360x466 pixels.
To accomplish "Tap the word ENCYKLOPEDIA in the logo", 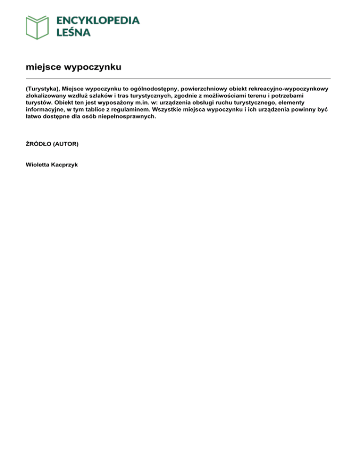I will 97,21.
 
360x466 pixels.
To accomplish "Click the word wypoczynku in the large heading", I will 93,67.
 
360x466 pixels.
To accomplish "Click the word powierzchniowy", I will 203,88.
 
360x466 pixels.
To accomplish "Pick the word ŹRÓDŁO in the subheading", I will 39,144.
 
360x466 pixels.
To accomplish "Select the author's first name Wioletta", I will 38,165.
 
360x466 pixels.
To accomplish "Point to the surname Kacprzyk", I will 66,165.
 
